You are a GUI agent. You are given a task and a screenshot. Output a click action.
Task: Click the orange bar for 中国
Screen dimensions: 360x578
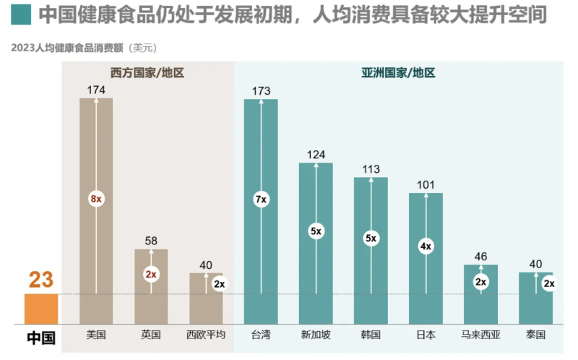tap(41, 309)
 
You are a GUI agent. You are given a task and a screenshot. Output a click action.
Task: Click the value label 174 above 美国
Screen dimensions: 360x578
tap(96, 90)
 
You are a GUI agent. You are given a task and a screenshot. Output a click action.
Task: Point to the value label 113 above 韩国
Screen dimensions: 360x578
tap(371, 170)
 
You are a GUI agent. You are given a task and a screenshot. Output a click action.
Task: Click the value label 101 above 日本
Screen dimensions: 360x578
tap(426, 185)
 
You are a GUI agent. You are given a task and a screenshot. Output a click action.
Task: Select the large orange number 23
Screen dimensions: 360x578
tap(41, 280)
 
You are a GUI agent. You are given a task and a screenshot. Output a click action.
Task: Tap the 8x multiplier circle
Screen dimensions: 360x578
tap(96, 199)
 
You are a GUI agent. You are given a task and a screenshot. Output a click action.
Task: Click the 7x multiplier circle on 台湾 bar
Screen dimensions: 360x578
tap(261, 199)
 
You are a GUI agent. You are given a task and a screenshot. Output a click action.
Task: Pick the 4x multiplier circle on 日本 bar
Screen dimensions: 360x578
tap(426, 247)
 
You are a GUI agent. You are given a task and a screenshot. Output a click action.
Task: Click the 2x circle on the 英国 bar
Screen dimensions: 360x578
tap(151, 275)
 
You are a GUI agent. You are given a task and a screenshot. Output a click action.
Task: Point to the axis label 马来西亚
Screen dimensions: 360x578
tap(480, 335)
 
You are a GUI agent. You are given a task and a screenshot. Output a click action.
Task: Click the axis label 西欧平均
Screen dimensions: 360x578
tap(206, 335)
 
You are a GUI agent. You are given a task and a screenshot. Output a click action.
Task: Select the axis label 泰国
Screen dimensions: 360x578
tap(535, 335)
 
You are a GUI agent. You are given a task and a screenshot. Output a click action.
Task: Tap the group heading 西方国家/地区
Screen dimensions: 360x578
tap(147, 72)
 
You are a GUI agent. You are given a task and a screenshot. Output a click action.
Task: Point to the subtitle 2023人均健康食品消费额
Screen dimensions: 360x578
tap(66, 48)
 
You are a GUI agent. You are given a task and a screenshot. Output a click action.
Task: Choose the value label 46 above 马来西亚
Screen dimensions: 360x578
tap(480, 256)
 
